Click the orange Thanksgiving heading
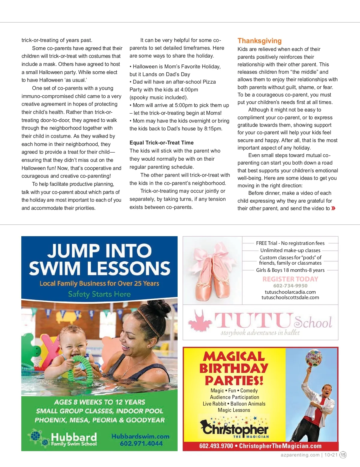click(259, 41)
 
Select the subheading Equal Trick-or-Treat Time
click(161, 143)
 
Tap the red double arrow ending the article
click(333, 208)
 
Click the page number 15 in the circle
click(343, 455)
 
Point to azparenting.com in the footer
click(300, 455)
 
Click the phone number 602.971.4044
click(141, 444)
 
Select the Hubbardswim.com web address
click(140, 436)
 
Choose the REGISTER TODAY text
click(290, 279)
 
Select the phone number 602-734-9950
click(290, 286)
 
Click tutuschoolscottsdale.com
click(290, 297)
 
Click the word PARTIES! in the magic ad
click(234, 380)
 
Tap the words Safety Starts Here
click(99, 294)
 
